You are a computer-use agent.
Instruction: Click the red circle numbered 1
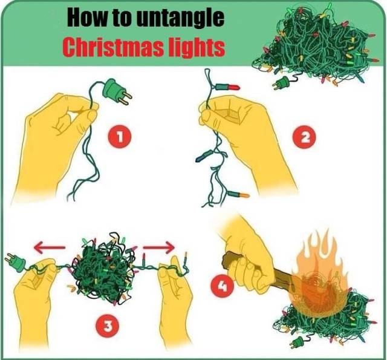click(120, 136)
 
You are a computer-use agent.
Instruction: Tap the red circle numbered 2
click(304, 138)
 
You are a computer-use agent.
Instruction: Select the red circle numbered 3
click(107, 327)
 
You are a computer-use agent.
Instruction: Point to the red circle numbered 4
click(222, 287)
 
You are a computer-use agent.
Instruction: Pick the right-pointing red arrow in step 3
click(159, 247)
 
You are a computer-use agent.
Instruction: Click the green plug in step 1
click(117, 91)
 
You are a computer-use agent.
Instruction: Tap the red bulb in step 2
click(228, 87)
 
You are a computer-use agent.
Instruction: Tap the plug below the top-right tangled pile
click(282, 83)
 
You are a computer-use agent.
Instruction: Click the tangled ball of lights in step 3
click(103, 269)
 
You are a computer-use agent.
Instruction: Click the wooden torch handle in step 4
click(256, 270)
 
